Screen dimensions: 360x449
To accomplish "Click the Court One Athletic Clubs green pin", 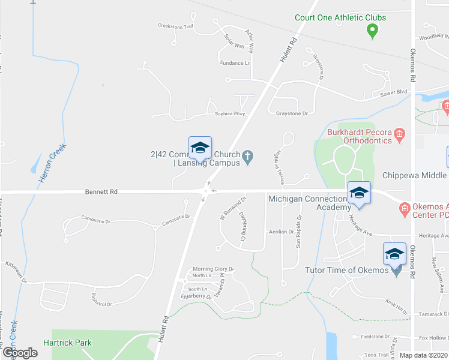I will (372, 30).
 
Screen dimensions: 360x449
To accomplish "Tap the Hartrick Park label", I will (68, 343).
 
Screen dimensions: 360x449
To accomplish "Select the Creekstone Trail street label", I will (175, 26).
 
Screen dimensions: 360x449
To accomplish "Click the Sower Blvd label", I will (394, 92).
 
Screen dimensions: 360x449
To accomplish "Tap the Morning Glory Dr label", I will (212, 269).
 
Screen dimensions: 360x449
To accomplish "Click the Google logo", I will (20, 353).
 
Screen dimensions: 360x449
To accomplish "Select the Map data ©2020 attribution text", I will (423, 355).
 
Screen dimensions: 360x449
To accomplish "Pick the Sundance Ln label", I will (235, 63).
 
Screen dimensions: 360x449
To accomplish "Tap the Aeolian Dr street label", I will (281, 232).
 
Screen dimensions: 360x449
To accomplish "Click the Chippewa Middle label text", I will (415, 176).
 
